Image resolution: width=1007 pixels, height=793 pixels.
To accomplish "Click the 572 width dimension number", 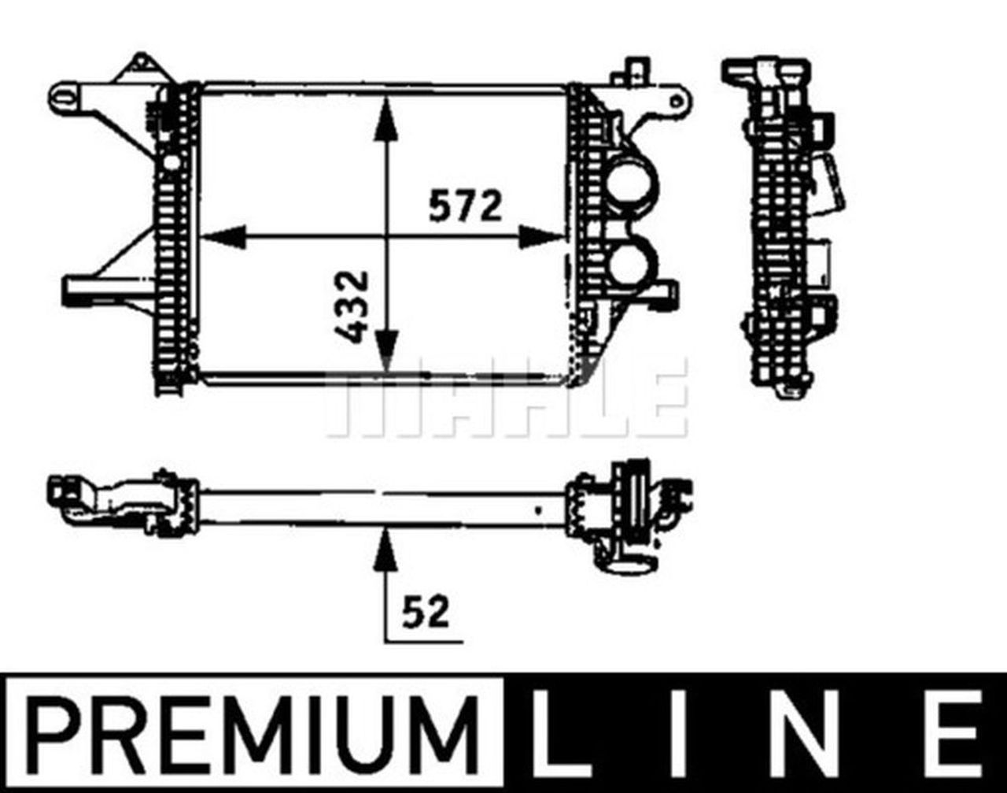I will pyautogui.click(x=464, y=206).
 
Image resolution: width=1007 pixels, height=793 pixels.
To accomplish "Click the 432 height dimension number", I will pyautogui.click(x=352, y=306).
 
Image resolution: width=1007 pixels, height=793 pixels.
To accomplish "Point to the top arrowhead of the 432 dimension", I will pyautogui.click(x=385, y=118).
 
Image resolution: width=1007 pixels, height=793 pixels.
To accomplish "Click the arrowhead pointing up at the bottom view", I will pyautogui.click(x=385, y=547).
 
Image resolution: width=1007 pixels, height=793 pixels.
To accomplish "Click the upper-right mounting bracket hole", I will pyautogui.click(x=674, y=101).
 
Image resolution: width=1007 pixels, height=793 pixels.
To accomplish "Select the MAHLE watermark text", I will pyautogui.click(x=503, y=402).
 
